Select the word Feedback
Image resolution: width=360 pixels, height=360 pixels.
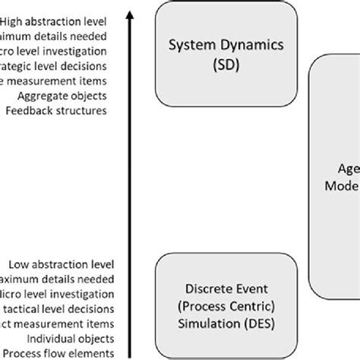[x=28, y=111]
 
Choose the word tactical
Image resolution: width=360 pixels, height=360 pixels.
[x=18, y=309]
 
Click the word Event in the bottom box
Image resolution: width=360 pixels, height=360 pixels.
[x=238, y=289]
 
